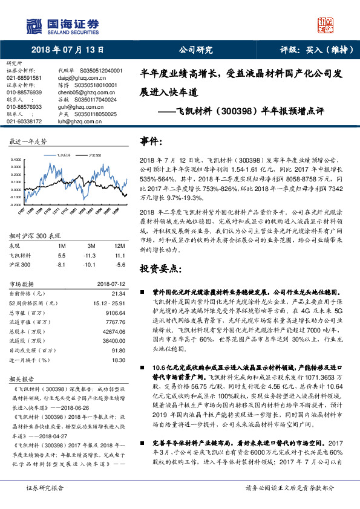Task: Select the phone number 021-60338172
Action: pyautogui.click(x=24, y=121)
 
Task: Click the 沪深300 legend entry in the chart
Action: pyautogui.click(x=94, y=155)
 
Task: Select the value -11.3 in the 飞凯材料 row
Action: pyautogui.click(x=92, y=256)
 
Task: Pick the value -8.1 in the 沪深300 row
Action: pyautogui.click(x=61, y=265)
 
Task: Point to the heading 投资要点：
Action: pyautogui.click(x=160, y=267)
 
